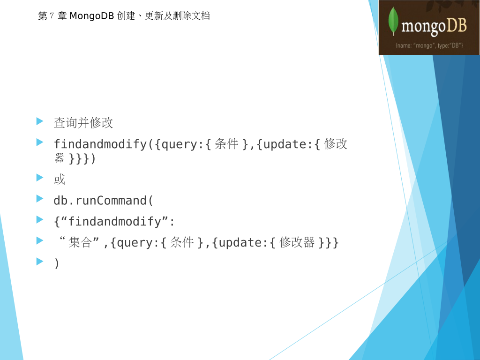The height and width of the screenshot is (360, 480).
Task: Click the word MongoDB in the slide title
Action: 92,15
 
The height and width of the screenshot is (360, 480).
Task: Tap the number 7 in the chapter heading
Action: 52,15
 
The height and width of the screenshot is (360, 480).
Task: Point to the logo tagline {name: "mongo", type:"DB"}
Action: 429,45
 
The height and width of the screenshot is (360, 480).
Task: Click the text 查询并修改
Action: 83,123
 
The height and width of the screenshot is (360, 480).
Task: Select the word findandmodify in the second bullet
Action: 100,144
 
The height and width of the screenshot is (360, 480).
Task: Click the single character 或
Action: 60,179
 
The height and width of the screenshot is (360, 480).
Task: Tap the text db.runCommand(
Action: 103,201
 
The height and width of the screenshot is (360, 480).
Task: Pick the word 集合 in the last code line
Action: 80,242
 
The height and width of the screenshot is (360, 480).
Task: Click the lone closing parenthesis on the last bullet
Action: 56,263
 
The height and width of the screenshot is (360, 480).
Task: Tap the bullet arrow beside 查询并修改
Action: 40,121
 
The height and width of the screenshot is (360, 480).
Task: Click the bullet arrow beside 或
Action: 40,178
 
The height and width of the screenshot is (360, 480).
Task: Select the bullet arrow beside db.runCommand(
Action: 40,199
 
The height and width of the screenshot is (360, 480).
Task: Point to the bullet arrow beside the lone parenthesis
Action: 40,261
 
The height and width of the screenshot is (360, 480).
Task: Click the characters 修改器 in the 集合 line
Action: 297,242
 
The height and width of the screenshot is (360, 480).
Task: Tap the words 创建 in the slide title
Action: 126,15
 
